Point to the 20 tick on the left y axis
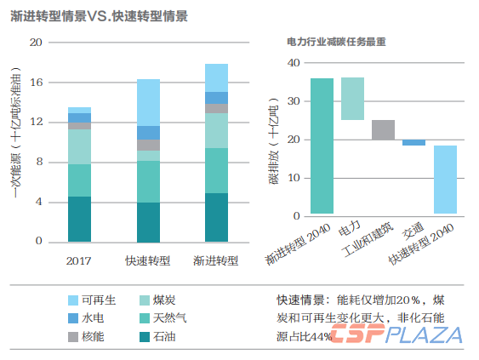tap(36, 43)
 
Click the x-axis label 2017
tap(78, 260)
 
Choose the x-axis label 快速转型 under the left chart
tap(148, 260)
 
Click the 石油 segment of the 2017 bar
tap(79, 219)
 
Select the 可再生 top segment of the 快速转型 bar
tap(148, 102)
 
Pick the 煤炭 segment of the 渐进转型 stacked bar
tap(216, 130)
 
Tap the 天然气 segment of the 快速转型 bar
tap(148, 181)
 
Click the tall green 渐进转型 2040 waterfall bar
tap(322, 146)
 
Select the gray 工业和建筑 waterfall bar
tap(383, 130)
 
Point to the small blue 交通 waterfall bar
tap(413, 142)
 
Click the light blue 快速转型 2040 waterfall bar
tap(445, 180)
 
